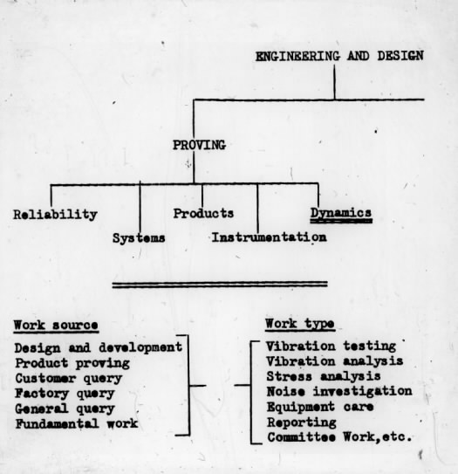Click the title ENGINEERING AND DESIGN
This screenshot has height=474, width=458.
tap(339, 56)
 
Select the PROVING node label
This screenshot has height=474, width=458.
tap(199, 145)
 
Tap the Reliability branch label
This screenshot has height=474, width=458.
tap(55, 215)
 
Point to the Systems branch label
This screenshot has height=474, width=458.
tap(139, 238)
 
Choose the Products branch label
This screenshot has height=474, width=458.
tap(203, 213)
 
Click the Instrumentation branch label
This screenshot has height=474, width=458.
tap(269, 237)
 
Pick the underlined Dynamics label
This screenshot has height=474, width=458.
tap(341, 213)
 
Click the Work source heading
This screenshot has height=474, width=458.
tap(56, 326)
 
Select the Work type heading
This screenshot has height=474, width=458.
tap(300, 324)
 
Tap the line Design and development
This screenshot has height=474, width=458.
tap(99, 347)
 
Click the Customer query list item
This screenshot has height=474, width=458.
tap(69, 378)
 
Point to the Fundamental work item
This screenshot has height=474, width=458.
tap(77, 423)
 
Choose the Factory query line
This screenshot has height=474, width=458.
tap(65, 394)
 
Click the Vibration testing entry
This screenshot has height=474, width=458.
tap(331, 347)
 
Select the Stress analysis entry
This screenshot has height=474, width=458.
tap(324, 376)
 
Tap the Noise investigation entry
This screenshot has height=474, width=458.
tap(339, 391)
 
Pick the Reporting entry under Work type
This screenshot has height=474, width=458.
tap(302, 422)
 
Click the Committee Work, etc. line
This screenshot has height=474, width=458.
tap(339, 437)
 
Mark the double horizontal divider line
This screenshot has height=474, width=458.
tap(220, 285)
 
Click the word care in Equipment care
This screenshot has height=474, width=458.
tap(359, 407)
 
